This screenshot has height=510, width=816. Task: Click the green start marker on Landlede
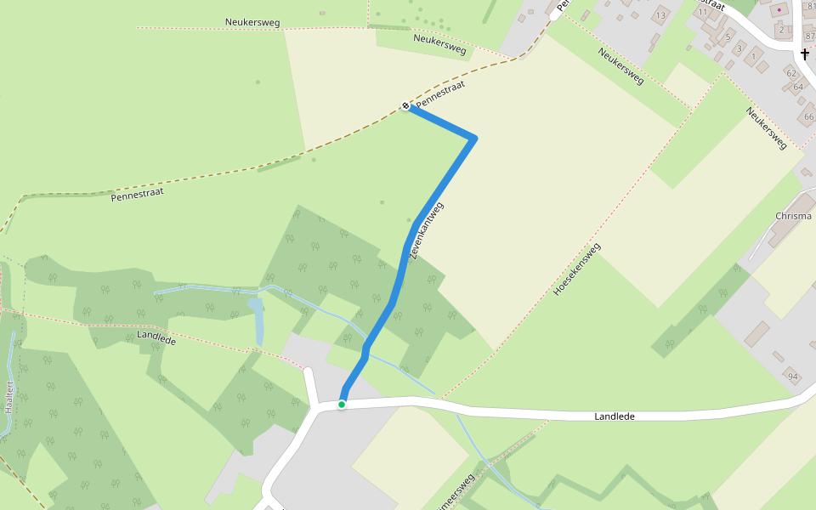pos(342,405)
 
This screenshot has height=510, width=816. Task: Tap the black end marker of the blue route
pos(405,106)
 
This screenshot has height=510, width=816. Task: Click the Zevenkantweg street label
pos(427,230)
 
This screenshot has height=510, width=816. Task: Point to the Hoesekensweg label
pos(577,269)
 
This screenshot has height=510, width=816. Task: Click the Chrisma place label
pos(793,216)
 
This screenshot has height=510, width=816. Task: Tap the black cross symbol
pos(804,55)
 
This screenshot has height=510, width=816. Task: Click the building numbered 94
pos(793,377)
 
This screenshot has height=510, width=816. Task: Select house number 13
pos(660,15)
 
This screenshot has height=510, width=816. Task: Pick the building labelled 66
pos(807,116)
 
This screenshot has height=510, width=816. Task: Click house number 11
pos(703,12)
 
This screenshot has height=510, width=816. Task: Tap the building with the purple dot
pos(779,9)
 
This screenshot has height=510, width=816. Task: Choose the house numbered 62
pos(791,74)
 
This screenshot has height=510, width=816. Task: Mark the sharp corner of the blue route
pos(473,138)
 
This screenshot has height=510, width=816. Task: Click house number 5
pos(728,37)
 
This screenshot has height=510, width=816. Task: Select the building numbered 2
pos(780,30)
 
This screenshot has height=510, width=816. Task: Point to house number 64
pos(797,88)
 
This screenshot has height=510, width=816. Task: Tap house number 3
pos(739,48)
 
